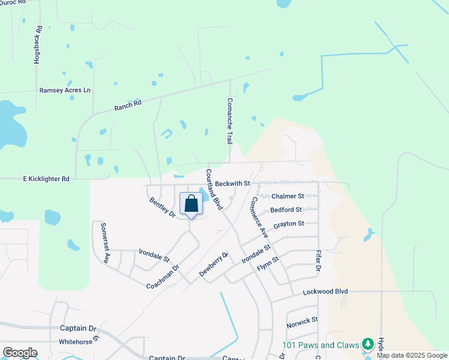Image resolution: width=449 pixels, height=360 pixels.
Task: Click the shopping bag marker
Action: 191,203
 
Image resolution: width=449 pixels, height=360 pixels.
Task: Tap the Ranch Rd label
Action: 128,106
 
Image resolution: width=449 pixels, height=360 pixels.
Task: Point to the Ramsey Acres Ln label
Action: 64,90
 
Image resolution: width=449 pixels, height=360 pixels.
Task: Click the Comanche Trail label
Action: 229,121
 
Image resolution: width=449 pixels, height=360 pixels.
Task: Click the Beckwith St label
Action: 232,183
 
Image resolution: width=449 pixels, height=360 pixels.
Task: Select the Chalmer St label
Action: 288,196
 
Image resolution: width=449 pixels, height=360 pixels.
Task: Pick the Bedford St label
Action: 286,210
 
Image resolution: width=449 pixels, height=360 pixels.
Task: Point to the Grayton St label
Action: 289,224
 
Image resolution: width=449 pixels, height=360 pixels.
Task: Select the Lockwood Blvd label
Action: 325,291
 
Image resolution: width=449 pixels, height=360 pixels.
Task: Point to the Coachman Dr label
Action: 163,277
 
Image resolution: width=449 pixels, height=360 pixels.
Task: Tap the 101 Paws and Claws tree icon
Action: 367,345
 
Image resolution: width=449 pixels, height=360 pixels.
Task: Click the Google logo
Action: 20,353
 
